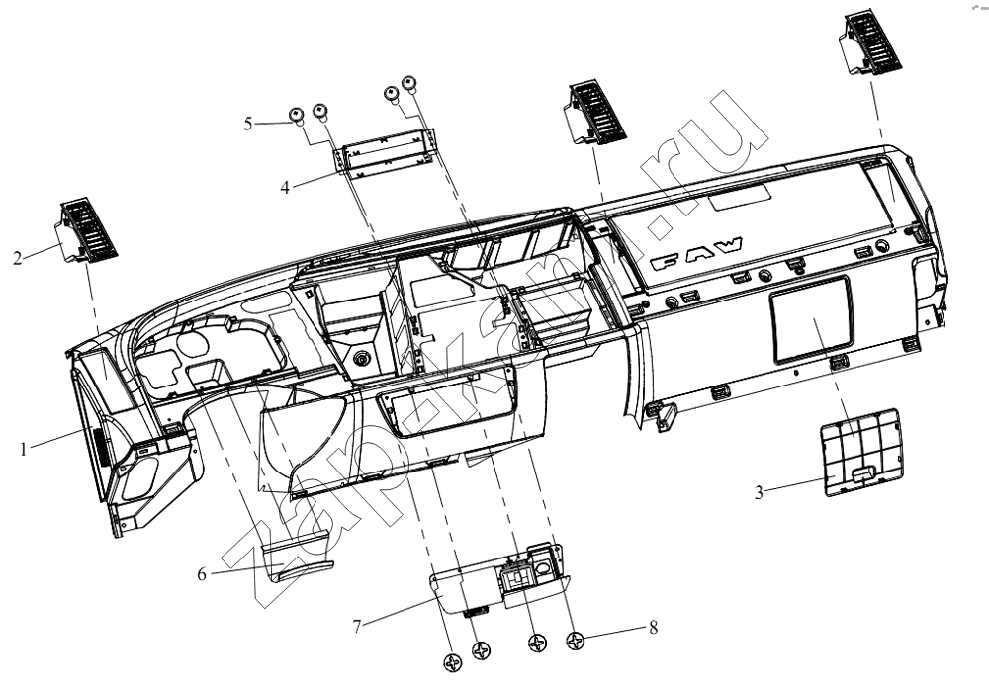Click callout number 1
[24, 450]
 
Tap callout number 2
[18, 258]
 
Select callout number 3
[760, 492]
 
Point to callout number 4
[285, 187]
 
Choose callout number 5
[248, 124]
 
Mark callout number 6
[202, 574]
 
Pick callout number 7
[357, 627]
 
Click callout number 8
[654, 627]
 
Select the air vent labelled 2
[88, 232]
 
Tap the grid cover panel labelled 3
[861, 452]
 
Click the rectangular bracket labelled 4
[386, 153]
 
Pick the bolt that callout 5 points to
[296, 116]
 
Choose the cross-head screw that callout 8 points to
[576, 642]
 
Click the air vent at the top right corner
[869, 44]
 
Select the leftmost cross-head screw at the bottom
[454, 663]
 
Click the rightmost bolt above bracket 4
[410, 84]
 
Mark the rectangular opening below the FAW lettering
[812, 321]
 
